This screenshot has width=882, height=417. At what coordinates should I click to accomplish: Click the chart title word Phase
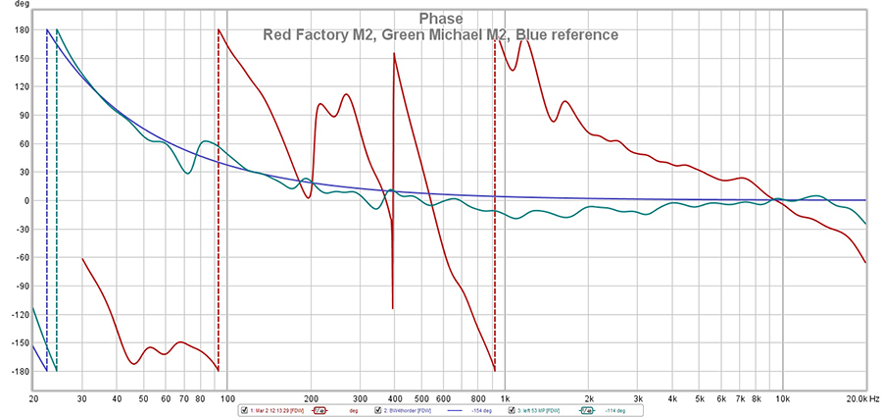point(440,19)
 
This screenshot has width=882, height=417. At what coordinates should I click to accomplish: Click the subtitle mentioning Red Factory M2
point(440,35)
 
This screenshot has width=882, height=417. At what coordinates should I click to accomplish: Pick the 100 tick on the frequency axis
point(227,400)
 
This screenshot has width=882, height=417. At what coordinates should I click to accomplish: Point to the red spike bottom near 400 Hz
point(393,307)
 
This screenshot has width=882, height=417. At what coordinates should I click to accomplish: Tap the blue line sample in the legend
point(455,410)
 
